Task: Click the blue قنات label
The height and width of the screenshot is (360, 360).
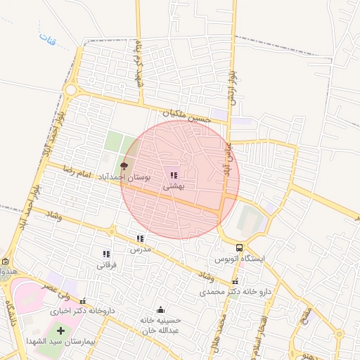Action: (x=47, y=37)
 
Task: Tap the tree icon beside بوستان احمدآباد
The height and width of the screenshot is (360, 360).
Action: (x=124, y=166)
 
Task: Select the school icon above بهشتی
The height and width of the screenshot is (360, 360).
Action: (x=174, y=175)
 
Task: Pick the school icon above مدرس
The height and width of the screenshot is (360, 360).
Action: (x=140, y=239)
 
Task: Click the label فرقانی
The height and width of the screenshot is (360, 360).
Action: (x=105, y=265)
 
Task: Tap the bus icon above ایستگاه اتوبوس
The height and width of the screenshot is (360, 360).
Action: (x=240, y=247)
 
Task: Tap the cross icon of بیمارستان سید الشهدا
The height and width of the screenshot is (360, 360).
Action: (x=60, y=330)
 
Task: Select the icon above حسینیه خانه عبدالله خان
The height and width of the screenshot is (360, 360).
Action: (x=160, y=309)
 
